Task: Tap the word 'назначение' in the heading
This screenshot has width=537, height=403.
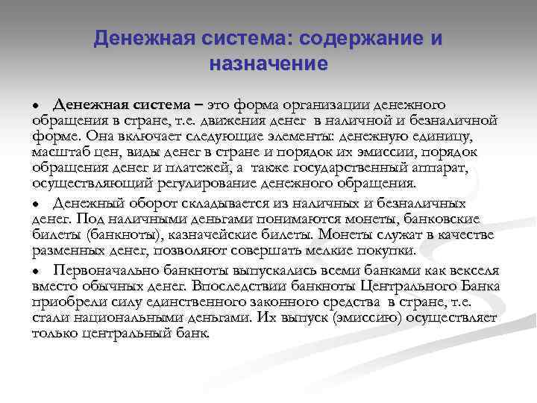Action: coord(268,64)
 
